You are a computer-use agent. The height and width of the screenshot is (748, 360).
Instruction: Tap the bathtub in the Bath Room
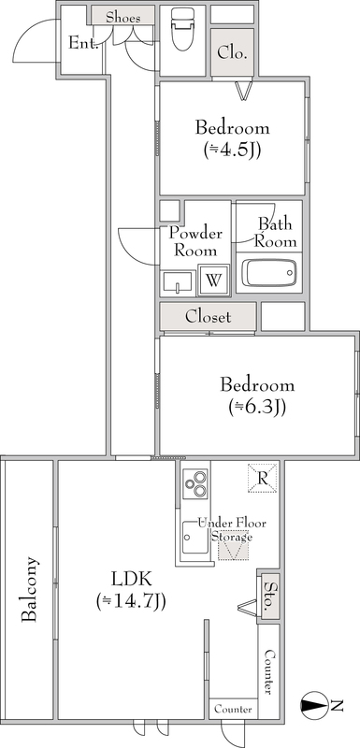pyautogui.click(x=269, y=273)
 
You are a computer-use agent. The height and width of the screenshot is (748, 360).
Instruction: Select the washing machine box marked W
pyautogui.click(x=213, y=280)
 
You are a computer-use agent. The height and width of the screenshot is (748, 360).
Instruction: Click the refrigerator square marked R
pyautogui.click(x=262, y=478)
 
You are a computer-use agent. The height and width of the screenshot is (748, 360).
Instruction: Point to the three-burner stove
pyautogui.click(x=195, y=483)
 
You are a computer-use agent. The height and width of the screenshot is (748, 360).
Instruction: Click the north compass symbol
pyautogui.click(x=314, y=705)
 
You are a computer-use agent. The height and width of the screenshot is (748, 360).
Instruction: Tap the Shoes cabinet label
pyautogui.click(x=123, y=18)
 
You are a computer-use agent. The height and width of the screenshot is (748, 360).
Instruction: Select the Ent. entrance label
pyautogui.click(x=83, y=43)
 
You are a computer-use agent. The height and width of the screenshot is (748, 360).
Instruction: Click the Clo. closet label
pyautogui.click(x=232, y=52)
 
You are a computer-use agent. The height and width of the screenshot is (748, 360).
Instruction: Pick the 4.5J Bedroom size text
pyautogui.click(x=232, y=150)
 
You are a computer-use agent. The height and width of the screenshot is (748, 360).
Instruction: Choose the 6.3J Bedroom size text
pyautogui.click(x=257, y=407)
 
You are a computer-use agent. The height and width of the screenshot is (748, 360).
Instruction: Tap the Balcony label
pyautogui.click(x=30, y=589)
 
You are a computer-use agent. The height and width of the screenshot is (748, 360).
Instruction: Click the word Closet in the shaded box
pyautogui.click(x=208, y=317)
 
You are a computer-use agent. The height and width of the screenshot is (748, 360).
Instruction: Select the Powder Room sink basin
pyautogui.click(x=178, y=282)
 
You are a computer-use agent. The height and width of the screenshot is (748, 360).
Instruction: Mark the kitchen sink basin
pyautogui.click(x=195, y=537)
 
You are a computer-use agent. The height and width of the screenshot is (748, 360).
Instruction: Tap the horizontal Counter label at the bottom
pyautogui.click(x=233, y=709)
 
